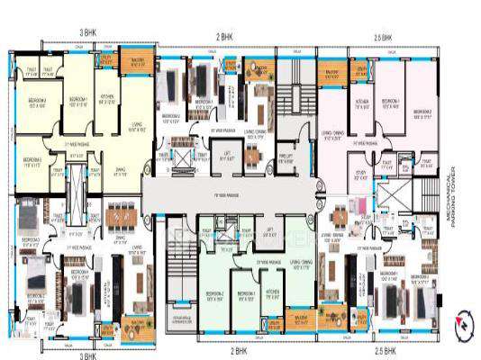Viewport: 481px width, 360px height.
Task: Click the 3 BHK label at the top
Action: point(87,32)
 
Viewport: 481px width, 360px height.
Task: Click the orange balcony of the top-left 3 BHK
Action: point(136,64)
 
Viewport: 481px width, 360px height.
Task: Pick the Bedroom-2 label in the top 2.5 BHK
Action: point(421,113)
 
